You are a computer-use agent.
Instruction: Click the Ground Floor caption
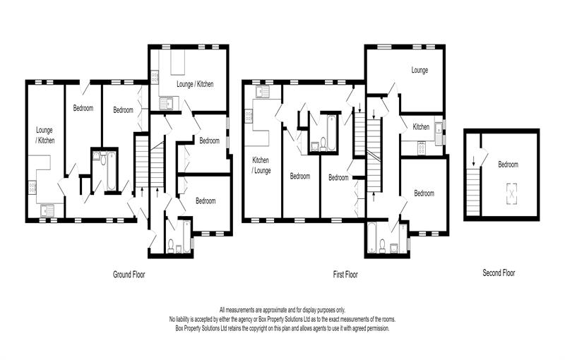coord(129,273)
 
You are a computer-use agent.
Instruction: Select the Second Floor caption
coord(499,272)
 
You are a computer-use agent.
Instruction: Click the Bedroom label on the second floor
coord(508,164)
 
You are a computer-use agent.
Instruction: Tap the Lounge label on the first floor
coord(420,71)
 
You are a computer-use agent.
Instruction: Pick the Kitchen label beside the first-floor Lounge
coord(421,127)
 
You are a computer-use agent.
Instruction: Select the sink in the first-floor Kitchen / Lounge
coord(261,91)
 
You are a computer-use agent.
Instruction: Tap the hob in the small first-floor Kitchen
coord(422,148)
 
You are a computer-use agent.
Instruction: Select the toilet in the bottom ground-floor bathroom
coord(172,245)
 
